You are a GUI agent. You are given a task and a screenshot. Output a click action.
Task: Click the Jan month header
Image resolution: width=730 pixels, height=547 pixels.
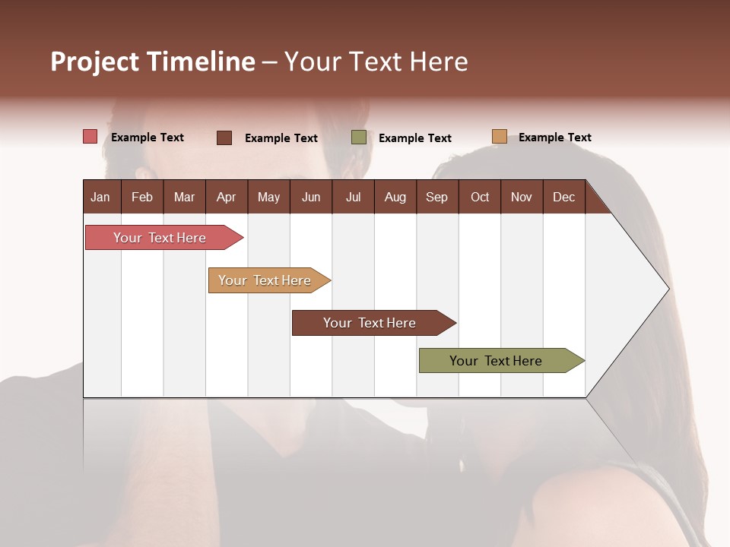tap(100, 197)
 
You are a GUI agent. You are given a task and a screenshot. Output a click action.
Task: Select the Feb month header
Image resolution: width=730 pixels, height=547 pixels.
tap(142, 197)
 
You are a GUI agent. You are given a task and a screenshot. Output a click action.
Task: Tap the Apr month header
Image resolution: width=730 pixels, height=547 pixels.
tap(226, 197)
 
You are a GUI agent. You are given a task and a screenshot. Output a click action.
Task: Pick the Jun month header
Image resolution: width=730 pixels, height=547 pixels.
tap(311, 197)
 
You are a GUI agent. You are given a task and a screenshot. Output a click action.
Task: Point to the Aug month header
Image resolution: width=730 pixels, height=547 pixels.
tap(395, 197)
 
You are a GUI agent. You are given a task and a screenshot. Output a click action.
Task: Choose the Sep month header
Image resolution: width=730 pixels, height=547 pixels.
tap(436, 197)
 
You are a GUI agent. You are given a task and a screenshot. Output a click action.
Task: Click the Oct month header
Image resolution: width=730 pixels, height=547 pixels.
tap(480, 197)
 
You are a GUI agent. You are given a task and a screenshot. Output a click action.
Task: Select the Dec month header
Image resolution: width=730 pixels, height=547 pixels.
tap(563, 197)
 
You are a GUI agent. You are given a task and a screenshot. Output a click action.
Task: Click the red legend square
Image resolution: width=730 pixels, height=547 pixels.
tap(90, 137)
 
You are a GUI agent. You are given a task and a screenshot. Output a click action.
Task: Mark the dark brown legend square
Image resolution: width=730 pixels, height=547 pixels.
tap(224, 138)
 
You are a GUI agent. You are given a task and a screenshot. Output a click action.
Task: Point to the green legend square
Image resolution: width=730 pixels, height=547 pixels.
tap(359, 138)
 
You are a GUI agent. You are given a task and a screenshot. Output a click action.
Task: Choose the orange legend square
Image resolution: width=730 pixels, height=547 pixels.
tap(499, 137)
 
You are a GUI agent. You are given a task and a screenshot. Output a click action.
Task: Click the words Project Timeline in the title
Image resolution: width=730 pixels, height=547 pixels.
tap(153, 62)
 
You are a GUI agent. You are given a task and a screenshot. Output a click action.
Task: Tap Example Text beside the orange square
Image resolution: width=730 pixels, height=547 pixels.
tap(554, 138)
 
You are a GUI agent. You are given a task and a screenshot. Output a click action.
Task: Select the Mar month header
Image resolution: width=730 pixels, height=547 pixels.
tap(184, 197)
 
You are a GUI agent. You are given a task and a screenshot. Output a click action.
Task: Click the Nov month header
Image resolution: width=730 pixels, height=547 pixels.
tap(521, 197)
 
